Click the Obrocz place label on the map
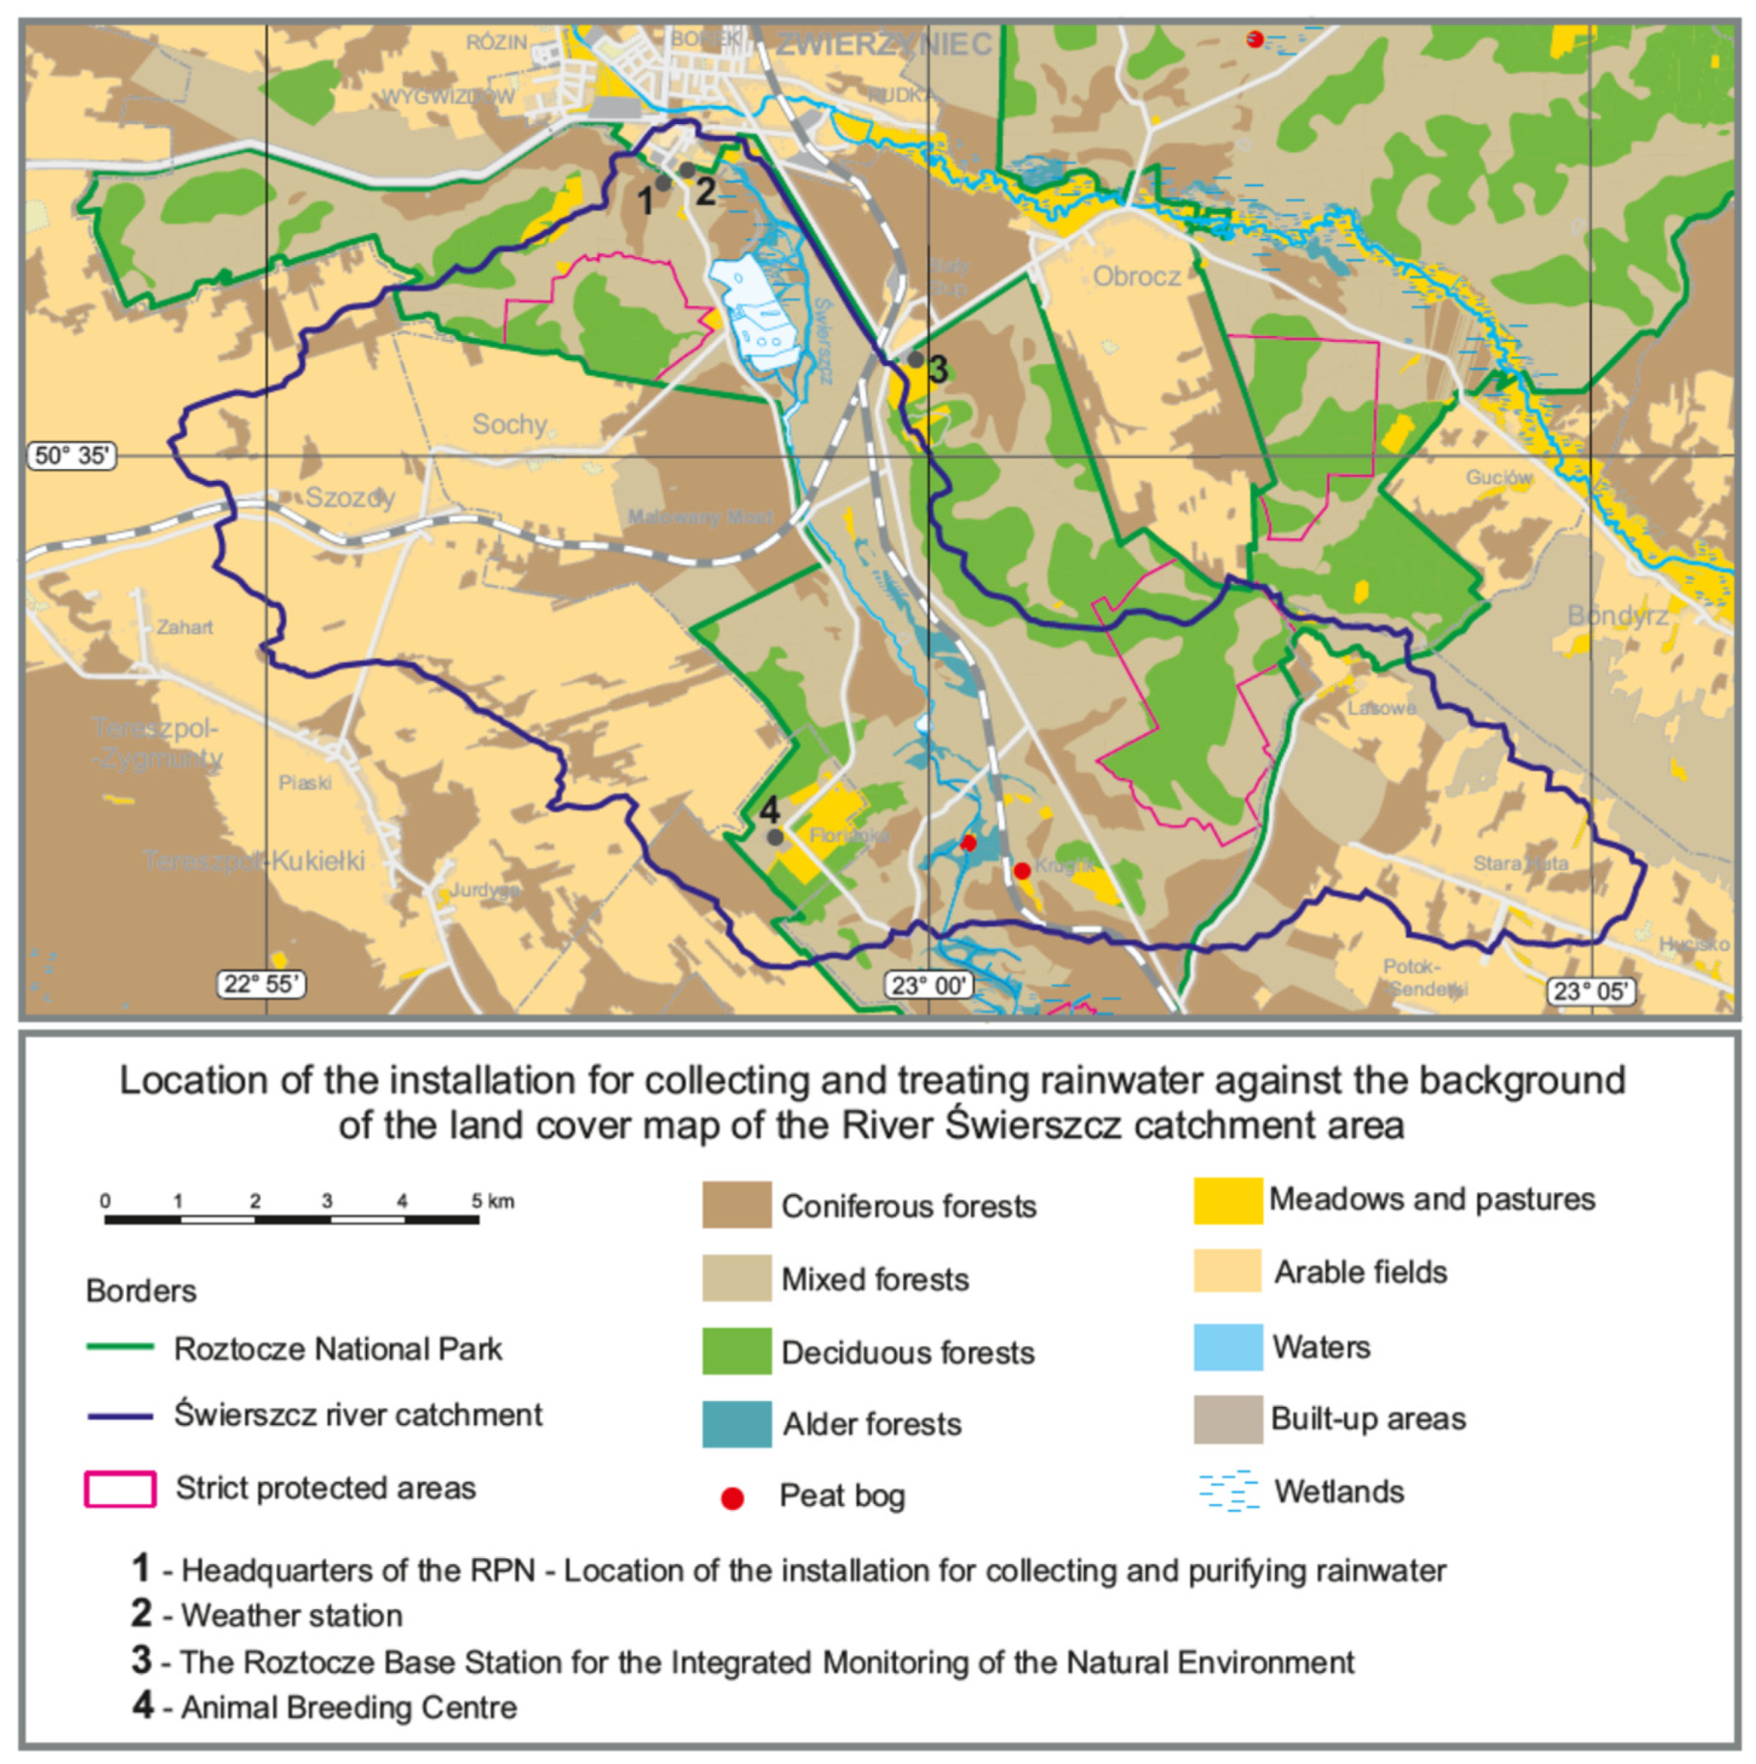pyautogui.click(x=1137, y=276)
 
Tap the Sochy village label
pyautogui.click(x=509, y=424)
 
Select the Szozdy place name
pyautogui.click(x=349, y=498)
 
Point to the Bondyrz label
pyautogui.click(x=1618, y=616)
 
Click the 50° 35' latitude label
pyautogui.click(x=71, y=455)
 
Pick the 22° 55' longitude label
pyautogui.click(x=260, y=984)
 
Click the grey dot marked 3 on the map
pyautogui.click(x=915, y=360)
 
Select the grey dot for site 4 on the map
pyautogui.click(x=775, y=837)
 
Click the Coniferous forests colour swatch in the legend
pyautogui.click(x=737, y=1205)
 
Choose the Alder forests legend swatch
pyautogui.click(x=737, y=1424)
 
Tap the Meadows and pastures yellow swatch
pyautogui.click(x=1227, y=1200)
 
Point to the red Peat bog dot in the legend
pyautogui.click(x=732, y=1498)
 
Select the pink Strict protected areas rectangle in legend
pyautogui.click(x=119, y=1489)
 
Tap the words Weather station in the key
pyautogui.click(x=292, y=1615)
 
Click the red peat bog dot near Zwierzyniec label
pyautogui.click(x=1255, y=39)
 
